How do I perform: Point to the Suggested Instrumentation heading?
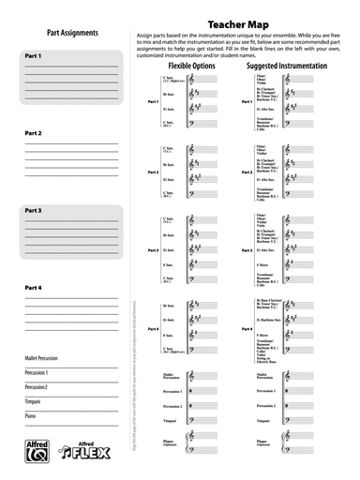286,67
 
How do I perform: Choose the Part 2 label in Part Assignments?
33,134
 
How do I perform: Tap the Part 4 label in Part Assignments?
33,288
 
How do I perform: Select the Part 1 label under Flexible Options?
153,100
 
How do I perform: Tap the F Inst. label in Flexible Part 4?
170,335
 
